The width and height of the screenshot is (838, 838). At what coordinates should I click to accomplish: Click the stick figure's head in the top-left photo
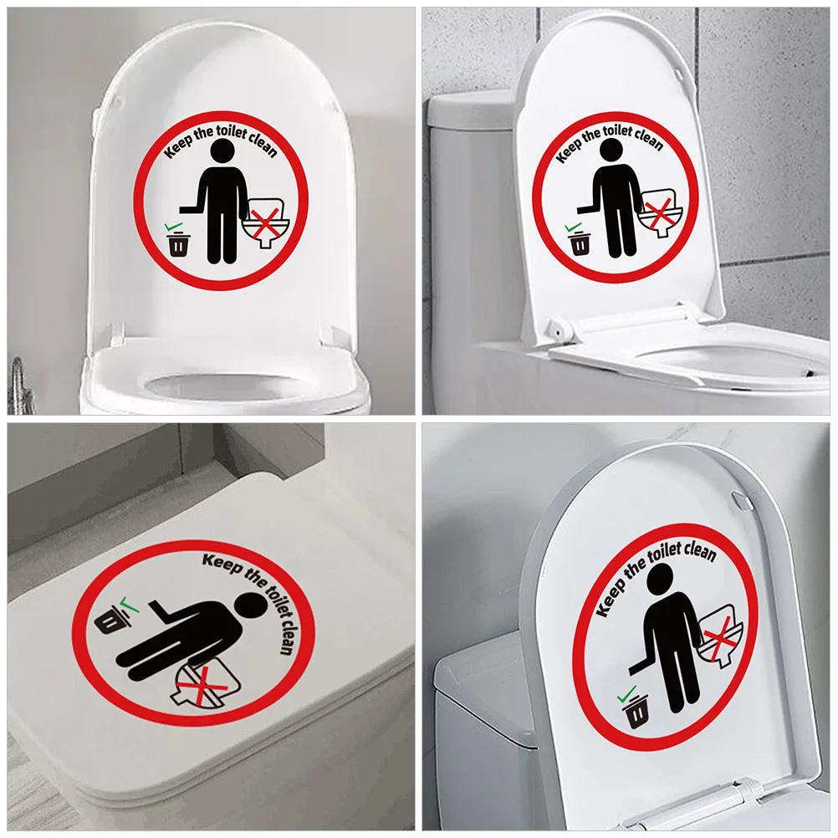coord(222,153)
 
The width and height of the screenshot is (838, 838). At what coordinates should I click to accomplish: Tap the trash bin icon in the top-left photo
coord(178,245)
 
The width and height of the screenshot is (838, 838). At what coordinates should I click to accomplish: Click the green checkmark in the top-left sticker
coord(171,226)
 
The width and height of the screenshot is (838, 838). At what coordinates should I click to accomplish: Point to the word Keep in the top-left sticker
coord(179,150)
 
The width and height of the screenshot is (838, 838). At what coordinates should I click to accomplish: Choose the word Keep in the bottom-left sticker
coord(221,566)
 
